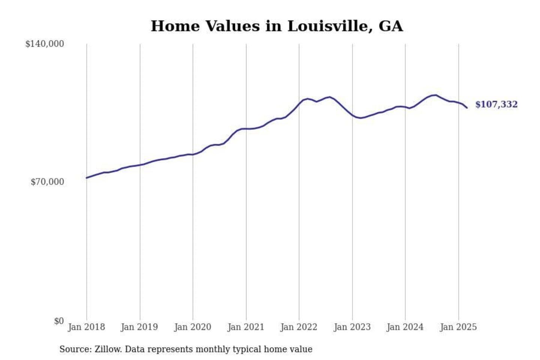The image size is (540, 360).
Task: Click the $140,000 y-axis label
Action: coord(45,44)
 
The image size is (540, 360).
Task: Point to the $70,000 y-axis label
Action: coord(47,182)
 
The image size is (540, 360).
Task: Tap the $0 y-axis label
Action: coord(59,321)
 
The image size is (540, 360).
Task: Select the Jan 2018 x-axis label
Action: coord(86,327)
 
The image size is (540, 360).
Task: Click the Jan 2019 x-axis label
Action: coord(139,327)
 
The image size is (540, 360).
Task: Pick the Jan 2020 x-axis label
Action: coord(193,327)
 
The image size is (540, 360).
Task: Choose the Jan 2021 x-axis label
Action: coord(246,327)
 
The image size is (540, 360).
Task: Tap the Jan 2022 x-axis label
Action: coord(299,327)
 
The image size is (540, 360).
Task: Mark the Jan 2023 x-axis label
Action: coord(352,327)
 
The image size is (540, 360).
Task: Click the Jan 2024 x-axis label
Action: coord(405,327)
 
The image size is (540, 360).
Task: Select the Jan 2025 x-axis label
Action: coord(458,327)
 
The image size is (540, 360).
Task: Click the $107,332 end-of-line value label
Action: coord(496,104)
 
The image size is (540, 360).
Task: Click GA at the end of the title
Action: coord(391,26)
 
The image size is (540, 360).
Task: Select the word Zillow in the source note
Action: coord(108,349)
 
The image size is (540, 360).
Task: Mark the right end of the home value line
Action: coord(467,108)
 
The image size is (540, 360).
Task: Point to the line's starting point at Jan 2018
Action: coord(87,178)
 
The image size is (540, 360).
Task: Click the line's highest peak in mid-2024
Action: coord(435,95)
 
